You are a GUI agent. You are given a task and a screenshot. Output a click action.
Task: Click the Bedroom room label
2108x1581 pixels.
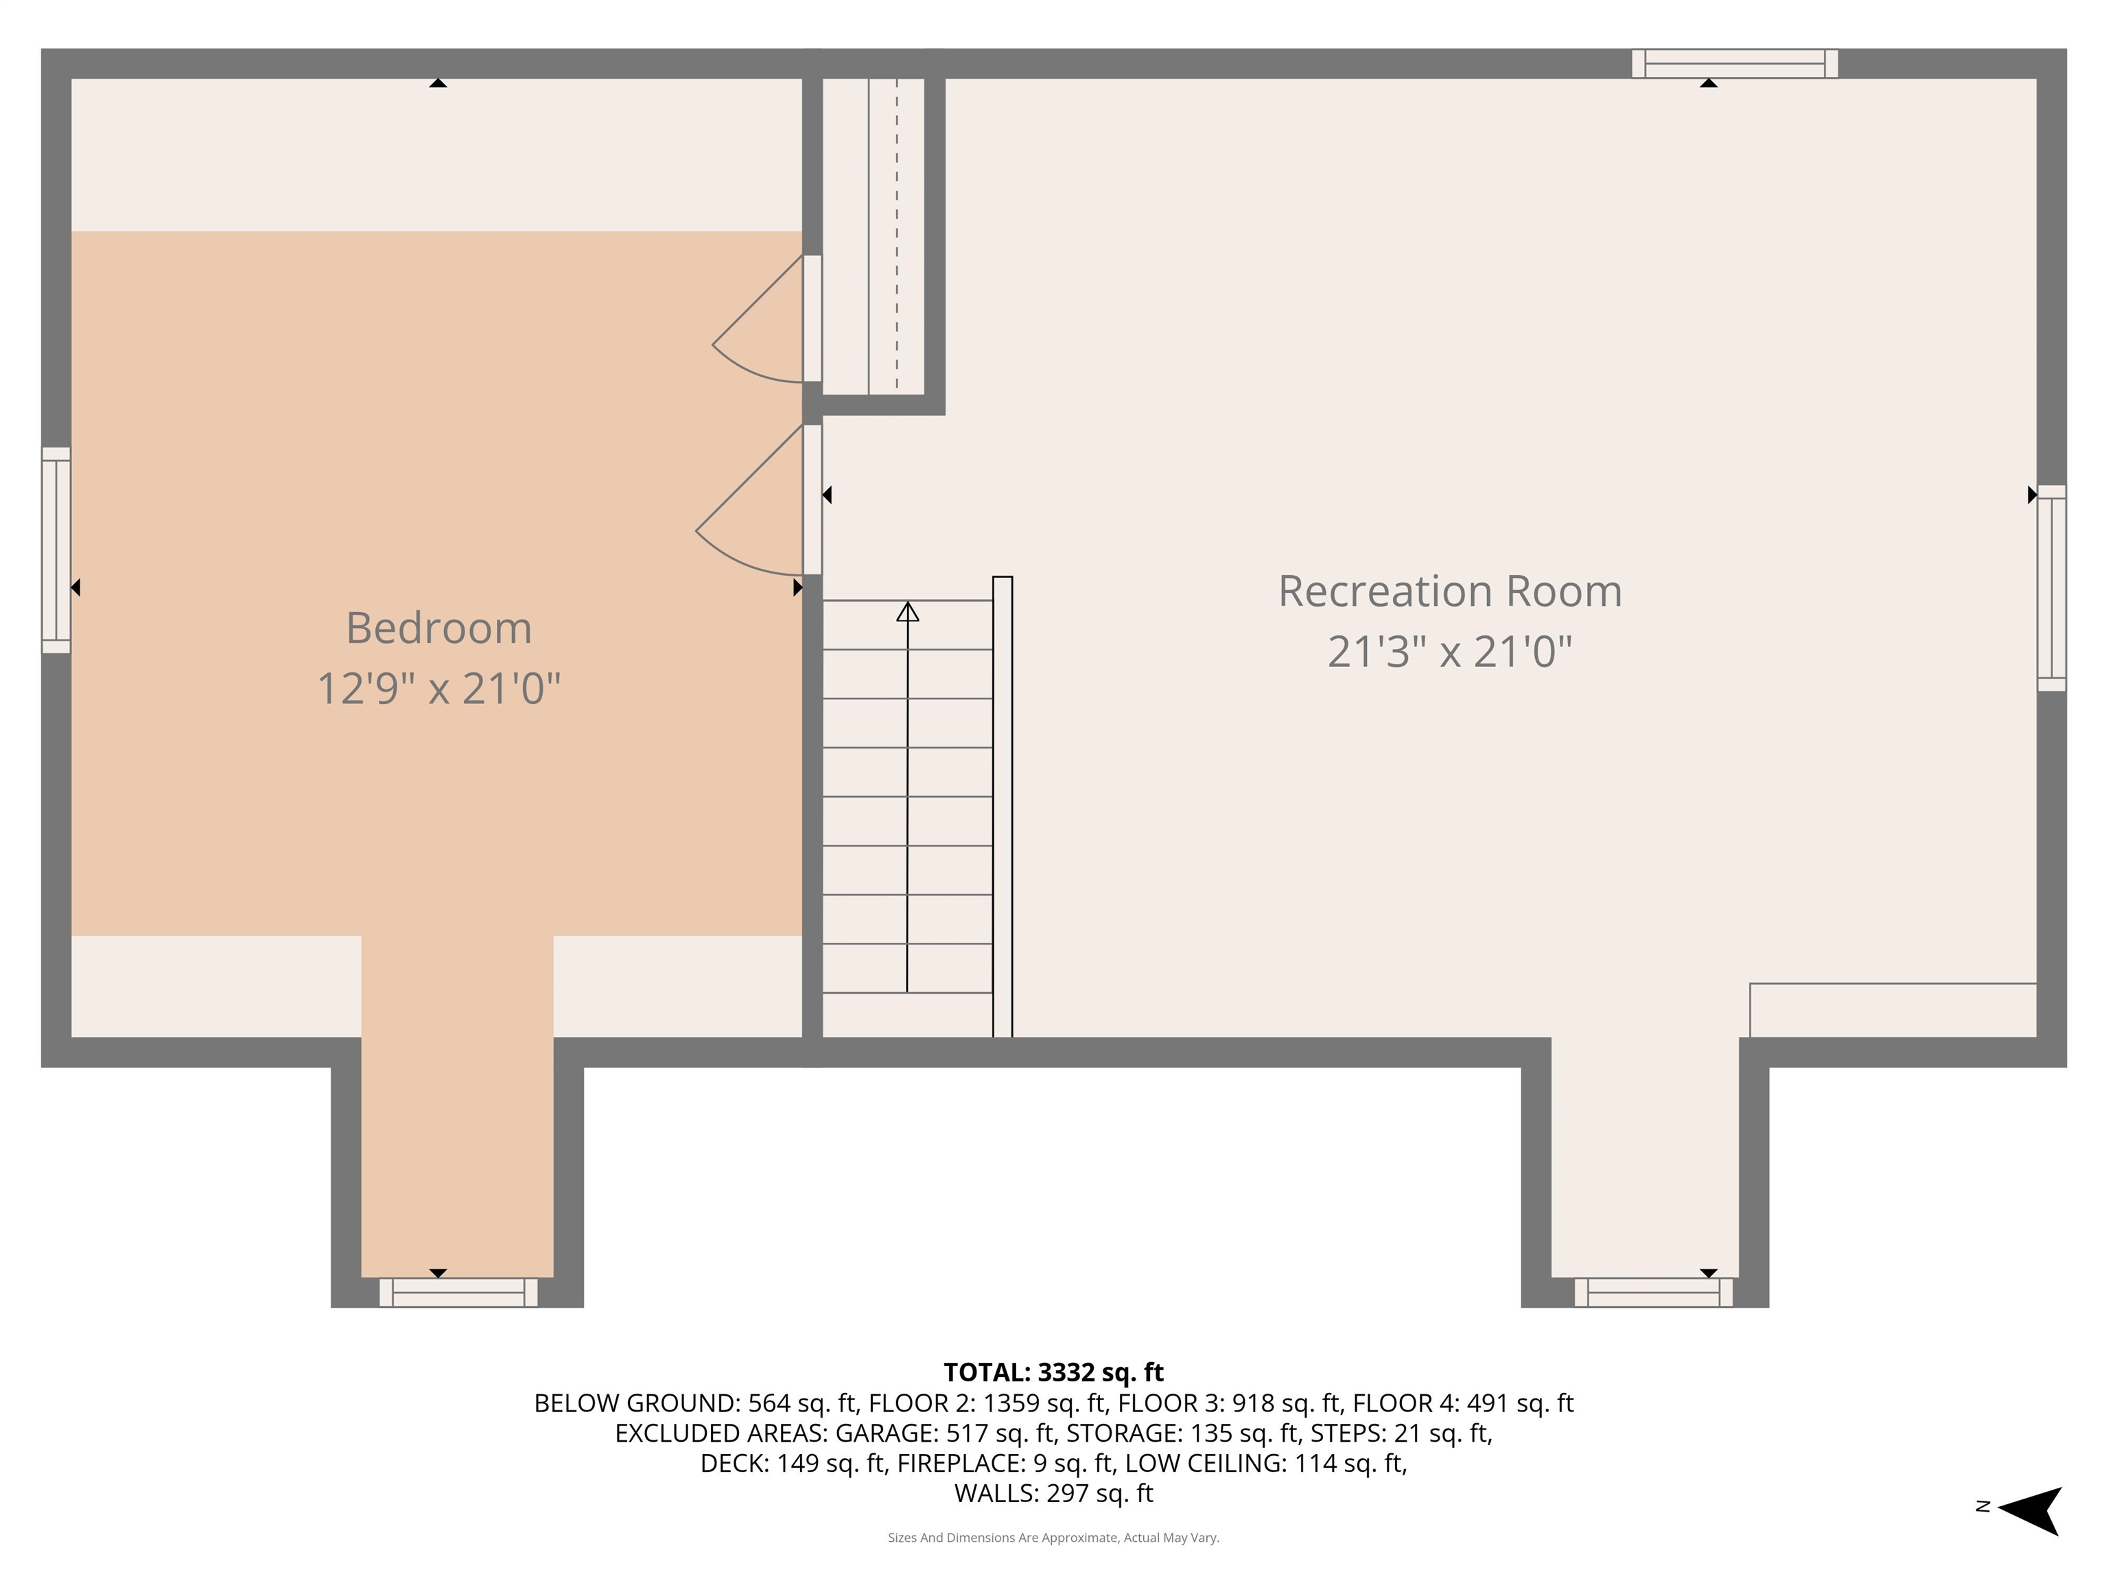pyautogui.click(x=438, y=628)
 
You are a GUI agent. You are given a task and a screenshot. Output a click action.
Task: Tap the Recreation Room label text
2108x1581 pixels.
pyautogui.click(x=1449, y=591)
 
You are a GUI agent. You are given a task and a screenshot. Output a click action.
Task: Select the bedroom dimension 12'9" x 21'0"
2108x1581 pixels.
pyautogui.click(x=438, y=688)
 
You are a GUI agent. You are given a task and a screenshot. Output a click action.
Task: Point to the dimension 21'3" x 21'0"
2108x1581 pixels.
pyautogui.click(x=1449, y=652)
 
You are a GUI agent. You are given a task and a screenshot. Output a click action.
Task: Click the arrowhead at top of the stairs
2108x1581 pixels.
pyautogui.click(x=907, y=612)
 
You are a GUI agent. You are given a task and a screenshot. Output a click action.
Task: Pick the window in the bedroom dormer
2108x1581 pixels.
pyautogui.click(x=458, y=1292)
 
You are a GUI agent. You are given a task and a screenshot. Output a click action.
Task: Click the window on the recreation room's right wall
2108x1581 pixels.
pyautogui.click(x=2051, y=588)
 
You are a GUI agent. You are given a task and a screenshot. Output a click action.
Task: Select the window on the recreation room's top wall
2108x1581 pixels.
pyautogui.click(x=1735, y=64)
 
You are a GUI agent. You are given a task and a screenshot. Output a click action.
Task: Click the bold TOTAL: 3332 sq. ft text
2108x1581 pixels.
pyautogui.click(x=1053, y=1372)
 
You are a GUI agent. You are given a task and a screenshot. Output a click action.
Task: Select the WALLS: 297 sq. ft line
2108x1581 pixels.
pyautogui.click(x=1053, y=1493)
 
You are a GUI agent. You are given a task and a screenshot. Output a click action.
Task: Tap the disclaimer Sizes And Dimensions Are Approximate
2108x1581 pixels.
pyautogui.click(x=1053, y=1537)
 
